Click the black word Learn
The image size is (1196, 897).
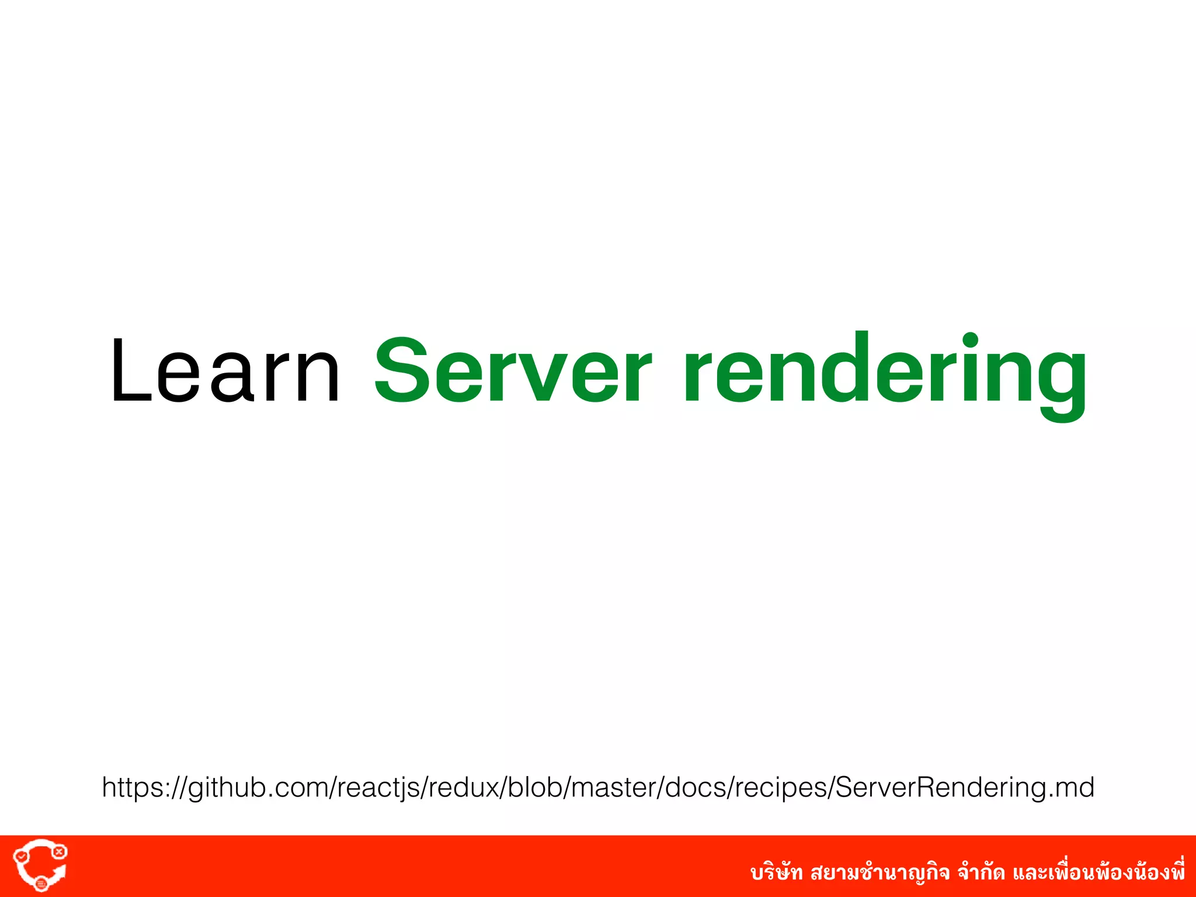click(225, 370)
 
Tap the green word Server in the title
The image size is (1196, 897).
click(512, 370)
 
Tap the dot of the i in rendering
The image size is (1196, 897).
click(970, 340)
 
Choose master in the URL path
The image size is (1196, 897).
click(613, 788)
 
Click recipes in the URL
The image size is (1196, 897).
click(781, 788)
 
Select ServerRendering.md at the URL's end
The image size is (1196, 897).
click(964, 788)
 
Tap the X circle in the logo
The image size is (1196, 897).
click(59, 853)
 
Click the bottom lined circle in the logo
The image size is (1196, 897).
click(41, 884)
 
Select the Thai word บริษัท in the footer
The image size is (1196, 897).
click(777, 872)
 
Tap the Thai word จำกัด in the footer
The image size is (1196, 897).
click(981, 872)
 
